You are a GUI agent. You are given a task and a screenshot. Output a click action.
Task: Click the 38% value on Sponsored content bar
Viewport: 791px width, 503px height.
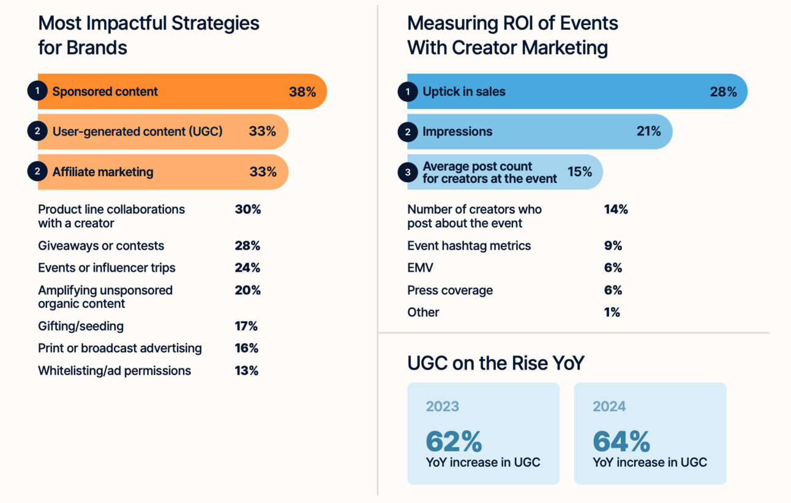302,92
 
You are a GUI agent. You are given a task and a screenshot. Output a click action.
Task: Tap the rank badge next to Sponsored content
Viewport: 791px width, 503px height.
37,91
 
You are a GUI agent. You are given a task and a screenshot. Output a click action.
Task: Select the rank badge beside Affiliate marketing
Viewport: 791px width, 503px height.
37,171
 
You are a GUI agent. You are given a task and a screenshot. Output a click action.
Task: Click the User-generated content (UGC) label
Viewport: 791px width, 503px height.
137,132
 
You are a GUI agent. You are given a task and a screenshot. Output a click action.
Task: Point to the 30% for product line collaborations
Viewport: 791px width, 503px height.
247,209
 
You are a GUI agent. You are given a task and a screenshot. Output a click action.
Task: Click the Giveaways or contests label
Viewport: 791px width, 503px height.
101,246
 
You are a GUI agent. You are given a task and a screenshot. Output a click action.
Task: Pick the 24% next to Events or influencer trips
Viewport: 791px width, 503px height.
247,268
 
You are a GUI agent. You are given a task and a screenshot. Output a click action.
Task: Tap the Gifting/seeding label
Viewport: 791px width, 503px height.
81,326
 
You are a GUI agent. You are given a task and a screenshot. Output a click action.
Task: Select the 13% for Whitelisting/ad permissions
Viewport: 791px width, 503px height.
246,371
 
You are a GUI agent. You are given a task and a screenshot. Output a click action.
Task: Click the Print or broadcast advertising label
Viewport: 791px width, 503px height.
119,348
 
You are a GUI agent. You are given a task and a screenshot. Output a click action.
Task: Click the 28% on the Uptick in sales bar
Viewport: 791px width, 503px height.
723,92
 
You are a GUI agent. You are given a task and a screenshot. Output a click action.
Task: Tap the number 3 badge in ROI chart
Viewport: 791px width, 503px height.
408,172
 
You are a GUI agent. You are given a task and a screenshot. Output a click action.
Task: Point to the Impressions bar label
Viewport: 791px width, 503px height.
457,132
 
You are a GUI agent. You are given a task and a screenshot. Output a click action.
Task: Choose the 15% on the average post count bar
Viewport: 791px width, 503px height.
579,172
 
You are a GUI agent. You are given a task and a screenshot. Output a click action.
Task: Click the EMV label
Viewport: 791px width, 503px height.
420,268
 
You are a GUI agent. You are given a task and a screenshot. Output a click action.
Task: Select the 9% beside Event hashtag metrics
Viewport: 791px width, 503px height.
613,246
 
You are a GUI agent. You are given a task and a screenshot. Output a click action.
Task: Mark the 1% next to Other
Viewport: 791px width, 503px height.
612,313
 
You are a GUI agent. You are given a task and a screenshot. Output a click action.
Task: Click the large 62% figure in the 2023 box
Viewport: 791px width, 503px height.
454,441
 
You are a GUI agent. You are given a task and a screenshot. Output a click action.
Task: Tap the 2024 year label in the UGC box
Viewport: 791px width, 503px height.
609,406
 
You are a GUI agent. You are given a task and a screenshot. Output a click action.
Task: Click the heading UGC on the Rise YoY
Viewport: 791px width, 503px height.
495,363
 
